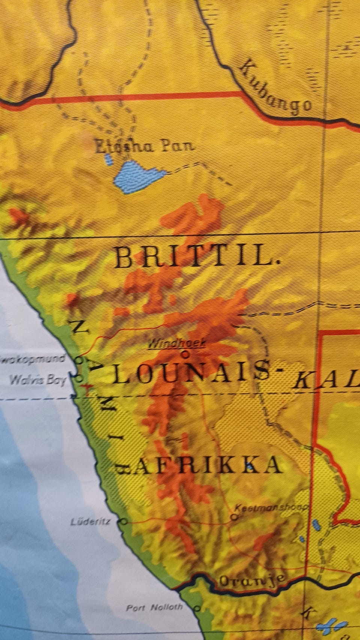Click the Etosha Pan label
click(144, 146)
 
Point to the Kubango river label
click(275, 88)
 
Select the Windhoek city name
click(176, 343)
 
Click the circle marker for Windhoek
click(185, 353)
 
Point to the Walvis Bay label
click(38, 380)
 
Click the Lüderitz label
click(90, 521)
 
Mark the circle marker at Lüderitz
click(124, 521)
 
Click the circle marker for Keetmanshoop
click(234, 517)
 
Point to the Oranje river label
click(252, 580)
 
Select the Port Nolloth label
click(154, 608)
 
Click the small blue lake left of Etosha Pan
click(109, 160)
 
